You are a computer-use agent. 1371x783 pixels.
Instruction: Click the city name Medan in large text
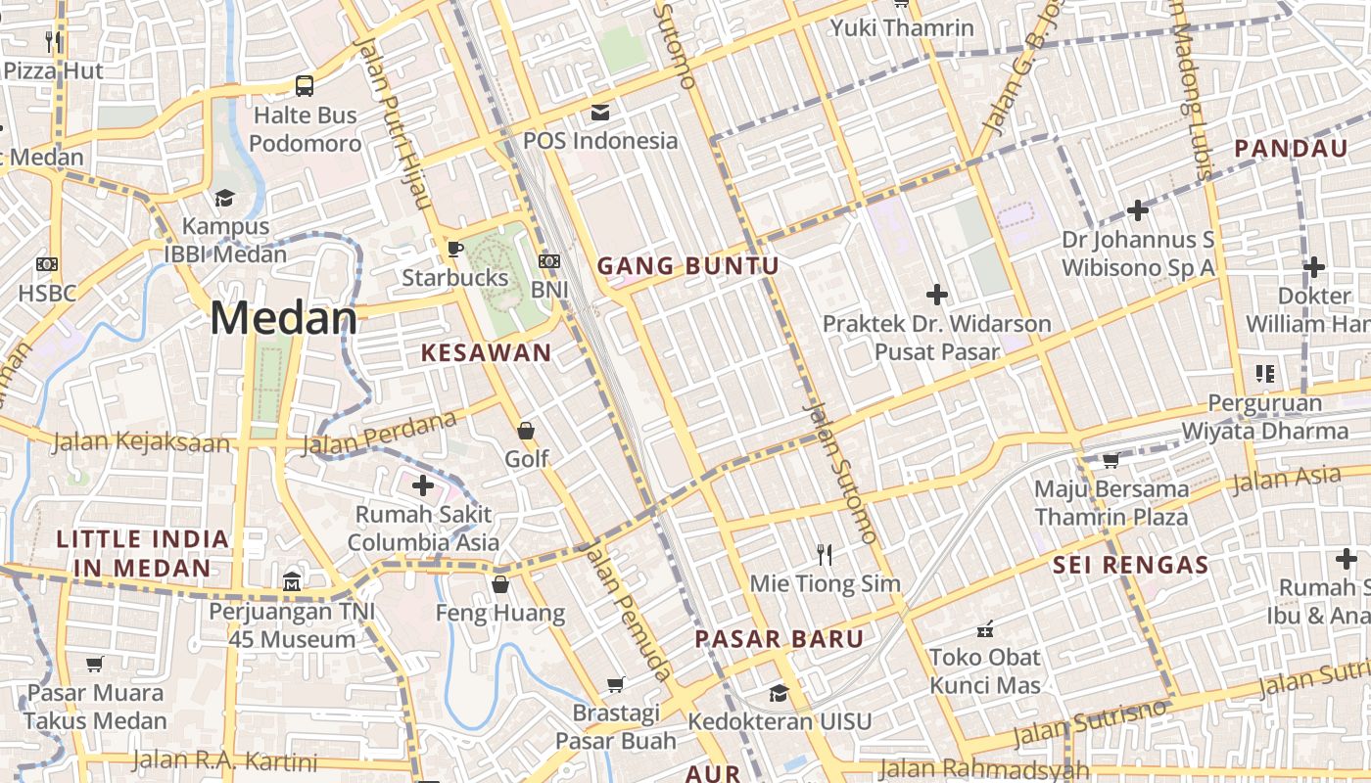[284, 319]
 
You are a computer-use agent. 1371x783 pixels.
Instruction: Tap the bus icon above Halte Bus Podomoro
[305, 85]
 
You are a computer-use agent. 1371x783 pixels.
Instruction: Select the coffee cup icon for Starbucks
[454, 248]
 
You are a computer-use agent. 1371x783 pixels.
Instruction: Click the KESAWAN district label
[486, 353]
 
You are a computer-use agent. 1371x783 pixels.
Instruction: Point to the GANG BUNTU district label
[688, 266]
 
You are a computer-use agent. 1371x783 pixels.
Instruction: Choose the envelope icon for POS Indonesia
[599, 112]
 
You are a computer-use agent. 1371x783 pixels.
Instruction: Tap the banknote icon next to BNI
[549, 261]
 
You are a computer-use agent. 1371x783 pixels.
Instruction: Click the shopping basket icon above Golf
[526, 431]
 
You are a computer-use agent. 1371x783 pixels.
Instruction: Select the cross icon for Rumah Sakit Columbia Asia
[423, 484]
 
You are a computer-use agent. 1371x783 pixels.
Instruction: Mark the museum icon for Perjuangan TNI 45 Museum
[292, 583]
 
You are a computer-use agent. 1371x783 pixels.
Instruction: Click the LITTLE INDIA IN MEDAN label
[142, 553]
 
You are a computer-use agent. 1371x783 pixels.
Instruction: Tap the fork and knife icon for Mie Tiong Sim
[825, 555]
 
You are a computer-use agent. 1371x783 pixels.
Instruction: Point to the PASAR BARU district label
[780, 640]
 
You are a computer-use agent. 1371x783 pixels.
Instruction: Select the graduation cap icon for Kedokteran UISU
[779, 693]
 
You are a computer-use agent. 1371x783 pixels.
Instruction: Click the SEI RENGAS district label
[1131, 565]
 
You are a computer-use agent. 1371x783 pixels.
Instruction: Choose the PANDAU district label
[1291, 149]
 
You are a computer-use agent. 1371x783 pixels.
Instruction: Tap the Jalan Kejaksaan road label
[141, 442]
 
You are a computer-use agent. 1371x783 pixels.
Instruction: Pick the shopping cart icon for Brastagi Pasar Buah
[616, 684]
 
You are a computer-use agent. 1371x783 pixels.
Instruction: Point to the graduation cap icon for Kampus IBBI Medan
[224, 198]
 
